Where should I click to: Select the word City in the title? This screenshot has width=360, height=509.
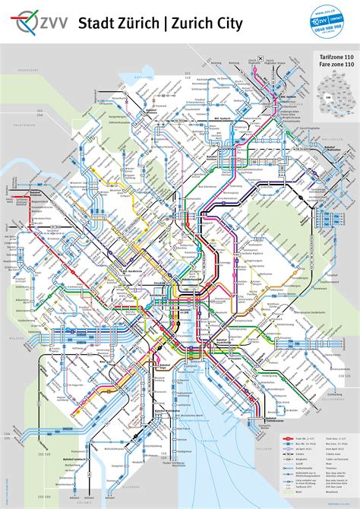click(227, 25)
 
